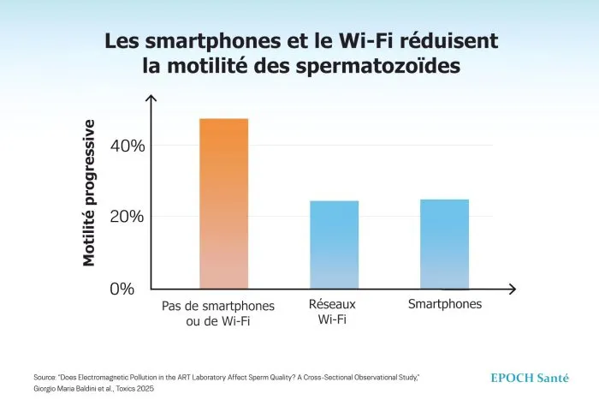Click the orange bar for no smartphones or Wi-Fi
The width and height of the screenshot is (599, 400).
click(x=223, y=204)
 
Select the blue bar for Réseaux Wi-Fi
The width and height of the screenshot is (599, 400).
click(x=334, y=245)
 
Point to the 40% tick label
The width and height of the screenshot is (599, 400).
click(x=128, y=146)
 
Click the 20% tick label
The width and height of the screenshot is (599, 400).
click(x=128, y=217)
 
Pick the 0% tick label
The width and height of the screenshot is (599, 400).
click(x=122, y=289)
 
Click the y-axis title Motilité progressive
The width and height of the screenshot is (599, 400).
click(x=89, y=193)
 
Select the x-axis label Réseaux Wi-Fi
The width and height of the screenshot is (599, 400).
click(x=332, y=313)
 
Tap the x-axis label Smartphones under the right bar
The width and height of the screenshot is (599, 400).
click(x=444, y=304)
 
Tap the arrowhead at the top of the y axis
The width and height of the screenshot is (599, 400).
click(x=151, y=100)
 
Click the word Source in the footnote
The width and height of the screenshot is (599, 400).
click(x=44, y=378)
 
